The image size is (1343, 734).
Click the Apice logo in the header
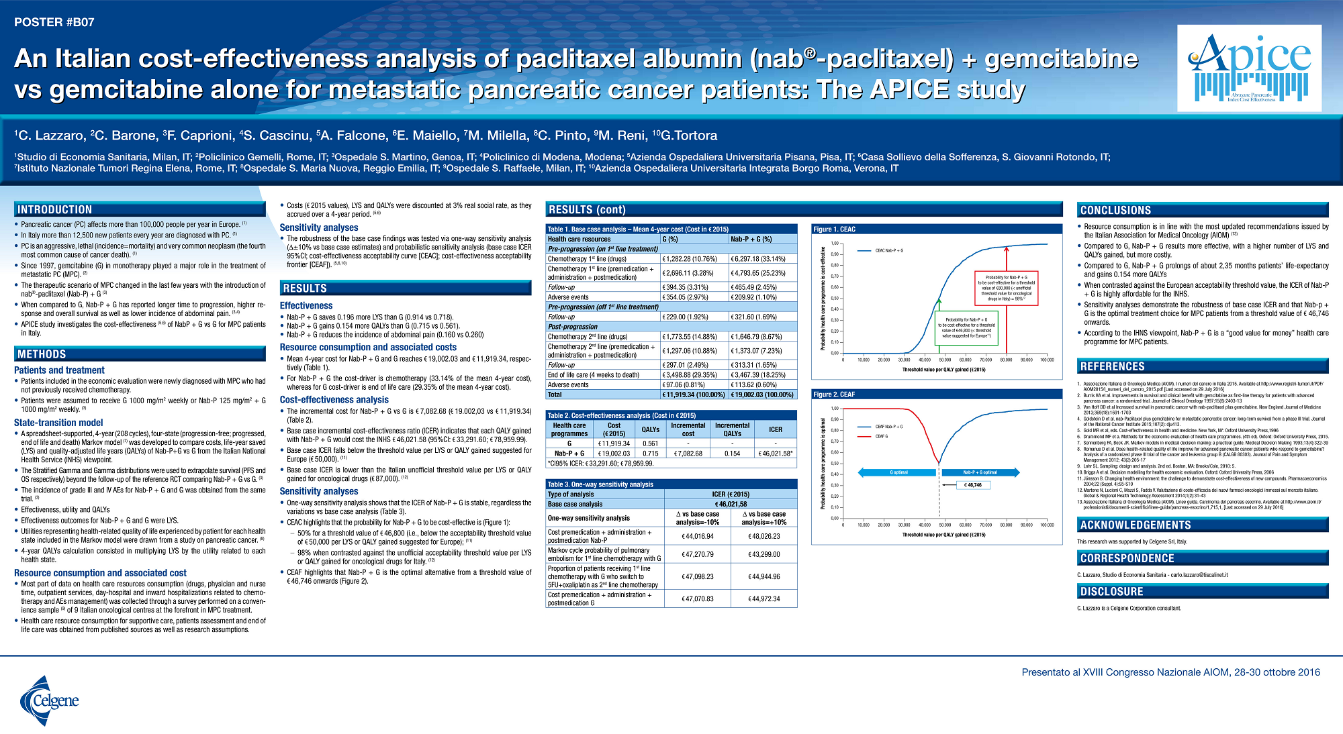point(1249,68)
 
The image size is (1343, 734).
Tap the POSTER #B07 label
point(54,22)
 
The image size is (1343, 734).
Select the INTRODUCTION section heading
point(55,210)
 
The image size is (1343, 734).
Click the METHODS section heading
point(42,354)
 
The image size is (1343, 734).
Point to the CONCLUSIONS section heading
point(1115,211)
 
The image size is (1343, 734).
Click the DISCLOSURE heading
point(1111,592)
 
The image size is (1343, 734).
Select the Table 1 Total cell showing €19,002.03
point(762,395)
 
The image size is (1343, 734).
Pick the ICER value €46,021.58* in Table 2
point(776,454)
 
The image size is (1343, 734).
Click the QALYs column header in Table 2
point(650,429)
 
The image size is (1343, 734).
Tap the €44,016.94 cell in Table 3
point(697,536)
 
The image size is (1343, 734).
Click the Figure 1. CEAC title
point(835,229)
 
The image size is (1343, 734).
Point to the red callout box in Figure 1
point(1006,288)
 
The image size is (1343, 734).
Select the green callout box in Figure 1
point(966,328)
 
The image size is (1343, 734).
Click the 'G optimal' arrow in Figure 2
point(897,472)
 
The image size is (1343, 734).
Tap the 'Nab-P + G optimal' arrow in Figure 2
point(980,472)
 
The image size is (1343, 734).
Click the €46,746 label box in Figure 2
point(973,484)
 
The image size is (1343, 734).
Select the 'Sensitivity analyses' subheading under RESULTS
point(319,491)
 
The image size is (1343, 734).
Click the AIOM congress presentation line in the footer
point(1170,672)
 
